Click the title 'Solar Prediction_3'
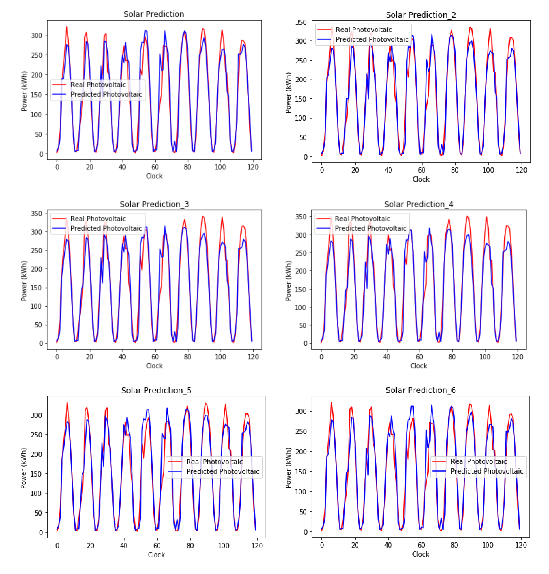point(154,204)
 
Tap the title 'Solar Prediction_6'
point(421,390)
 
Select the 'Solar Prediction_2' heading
point(421,15)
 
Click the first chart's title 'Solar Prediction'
point(154,14)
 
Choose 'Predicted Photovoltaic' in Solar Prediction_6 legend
point(487,471)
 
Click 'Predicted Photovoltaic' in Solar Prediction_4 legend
point(371,228)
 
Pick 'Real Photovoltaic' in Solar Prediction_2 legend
point(364,30)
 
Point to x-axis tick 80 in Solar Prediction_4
point(452,357)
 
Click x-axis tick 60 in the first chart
point(155,167)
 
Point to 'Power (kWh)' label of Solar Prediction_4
point(288,281)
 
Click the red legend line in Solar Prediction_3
point(59,219)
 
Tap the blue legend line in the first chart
point(59,94)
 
